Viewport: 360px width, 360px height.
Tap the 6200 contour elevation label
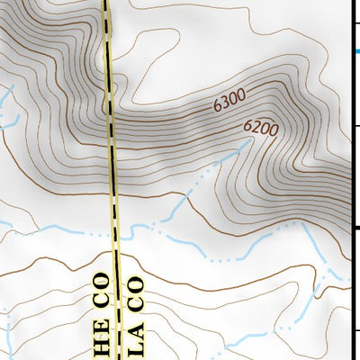coord(261,130)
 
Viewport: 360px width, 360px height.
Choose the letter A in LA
coord(135,327)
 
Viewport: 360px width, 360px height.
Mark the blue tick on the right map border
coord(356,51)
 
